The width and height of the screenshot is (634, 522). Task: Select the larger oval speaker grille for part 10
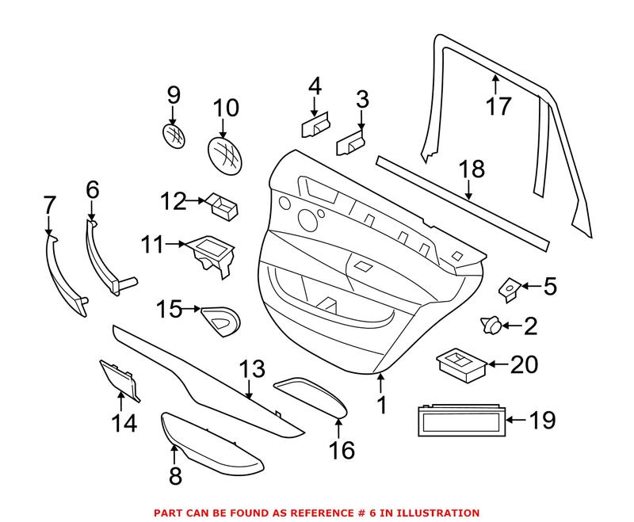click(224, 154)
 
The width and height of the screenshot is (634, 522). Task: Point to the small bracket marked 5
click(506, 289)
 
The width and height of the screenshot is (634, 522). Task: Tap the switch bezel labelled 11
click(210, 254)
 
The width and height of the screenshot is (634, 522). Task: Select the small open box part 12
click(223, 208)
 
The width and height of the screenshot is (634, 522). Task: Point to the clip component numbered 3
click(349, 145)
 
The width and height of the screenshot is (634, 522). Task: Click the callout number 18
click(472, 170)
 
